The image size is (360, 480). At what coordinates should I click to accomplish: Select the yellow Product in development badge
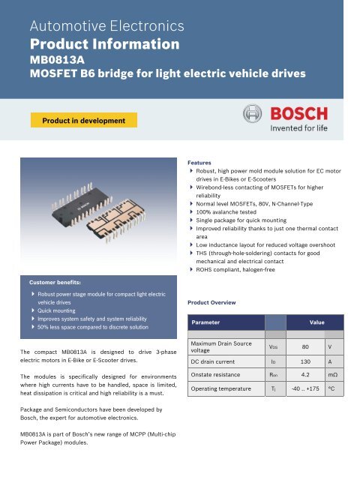pos(82,120)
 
